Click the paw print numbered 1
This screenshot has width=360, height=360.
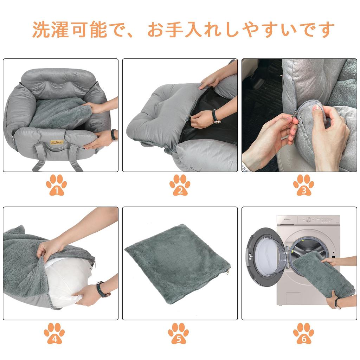[x=56, y=185]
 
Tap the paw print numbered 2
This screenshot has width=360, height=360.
[x=180, y=185]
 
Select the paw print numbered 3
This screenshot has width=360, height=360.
[x=303, y=185]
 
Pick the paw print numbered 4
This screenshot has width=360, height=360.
[x=54, y=333]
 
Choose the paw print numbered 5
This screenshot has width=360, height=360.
[x=178, y=333]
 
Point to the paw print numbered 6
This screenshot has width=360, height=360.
[x=303, y=333]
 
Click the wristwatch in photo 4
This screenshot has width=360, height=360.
[x=102, y=289]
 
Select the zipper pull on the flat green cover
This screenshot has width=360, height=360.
[x=229, y=271]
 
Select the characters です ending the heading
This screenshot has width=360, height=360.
[x=318, y=30]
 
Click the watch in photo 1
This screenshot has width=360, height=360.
[x=113, y=135]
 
